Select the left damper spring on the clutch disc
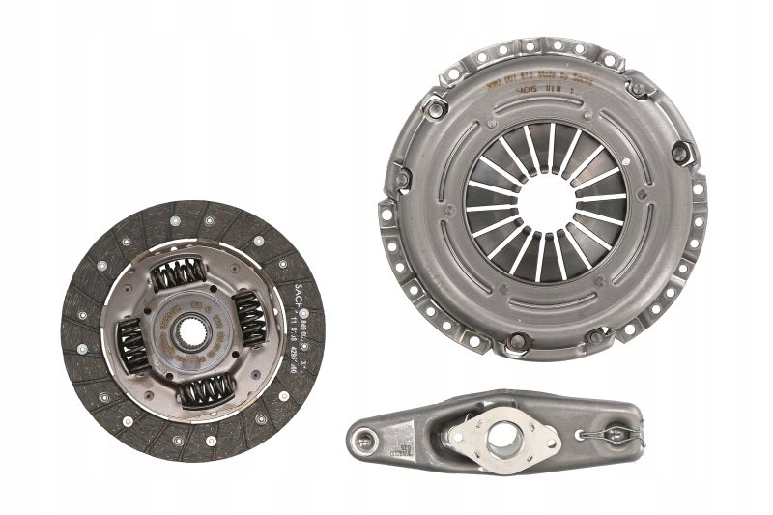click(131, 344)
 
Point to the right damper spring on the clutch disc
click(250, 318)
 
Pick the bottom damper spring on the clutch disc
click(207, 387)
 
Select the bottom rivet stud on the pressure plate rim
click(518, 341)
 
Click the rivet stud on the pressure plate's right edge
click(683, 153)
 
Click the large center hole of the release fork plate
click(503, 437)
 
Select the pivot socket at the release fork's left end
click(363, 443)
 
